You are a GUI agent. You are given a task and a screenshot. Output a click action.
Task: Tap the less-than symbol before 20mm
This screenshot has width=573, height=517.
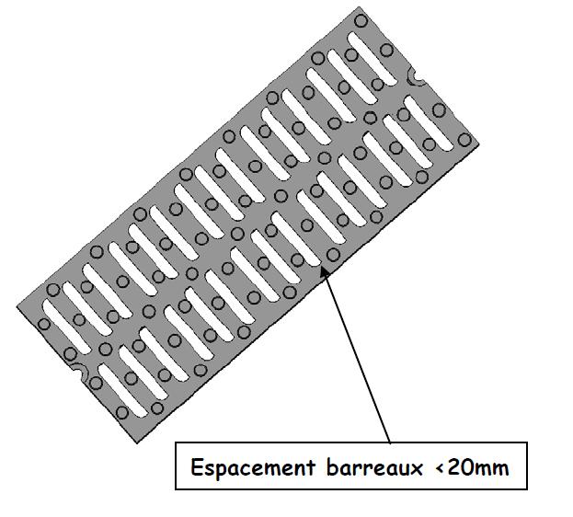point(440,468)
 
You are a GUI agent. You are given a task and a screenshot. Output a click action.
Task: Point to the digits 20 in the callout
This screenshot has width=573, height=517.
point(463,467)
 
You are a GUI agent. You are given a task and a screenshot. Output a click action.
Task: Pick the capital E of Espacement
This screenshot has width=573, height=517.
point(196,467)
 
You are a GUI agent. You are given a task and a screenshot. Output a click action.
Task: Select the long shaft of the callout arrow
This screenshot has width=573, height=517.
point(359,359)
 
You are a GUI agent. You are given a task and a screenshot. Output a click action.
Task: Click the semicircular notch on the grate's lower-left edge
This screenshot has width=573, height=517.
point(77,373)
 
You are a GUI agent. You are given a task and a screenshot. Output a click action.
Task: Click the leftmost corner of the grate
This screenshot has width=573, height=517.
point(17,306)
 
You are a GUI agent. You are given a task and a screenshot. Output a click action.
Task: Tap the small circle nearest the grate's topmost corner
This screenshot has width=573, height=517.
point(362,19)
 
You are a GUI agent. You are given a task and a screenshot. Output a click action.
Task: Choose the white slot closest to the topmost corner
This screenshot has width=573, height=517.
point(358,51)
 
